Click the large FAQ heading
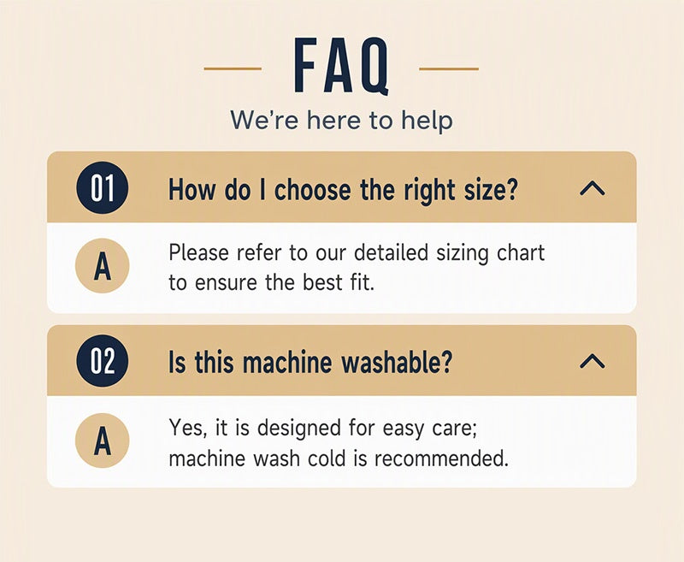(x=341, y=66)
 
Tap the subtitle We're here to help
(x=341, y=120)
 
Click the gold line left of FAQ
(x=233, y=68)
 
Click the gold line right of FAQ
(x=449, y=68)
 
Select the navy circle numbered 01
(x=103, y=188)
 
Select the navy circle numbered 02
(x=103, y=361)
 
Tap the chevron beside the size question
(x=592, y=188)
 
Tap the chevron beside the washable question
(x=592, y=361)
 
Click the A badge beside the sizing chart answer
(x=103, y=266)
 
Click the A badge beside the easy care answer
(x=103, y=441)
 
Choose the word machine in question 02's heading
(x=287, y=362)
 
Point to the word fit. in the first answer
(x=362, y=282)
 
